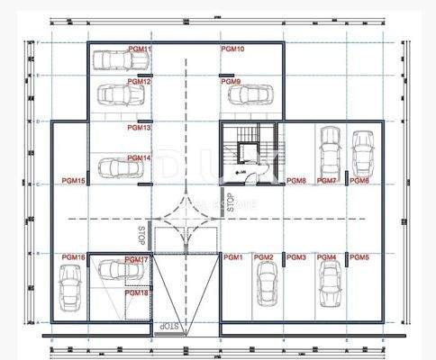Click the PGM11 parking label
[x=139, y=49]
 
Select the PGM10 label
[x=232, y=49]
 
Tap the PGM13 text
[x=139, y=128]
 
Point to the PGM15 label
[x=74, y=181]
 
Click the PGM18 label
[x=137, y=292]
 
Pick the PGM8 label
[x=296, y=181]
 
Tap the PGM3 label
[x=296, y=257]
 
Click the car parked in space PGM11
[x=121, y=60]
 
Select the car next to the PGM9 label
[x=251, y=94]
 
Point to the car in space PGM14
[x=117, y=167]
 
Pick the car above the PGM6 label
[x=361, y=154]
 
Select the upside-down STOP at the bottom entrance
[x=168, y=325]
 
